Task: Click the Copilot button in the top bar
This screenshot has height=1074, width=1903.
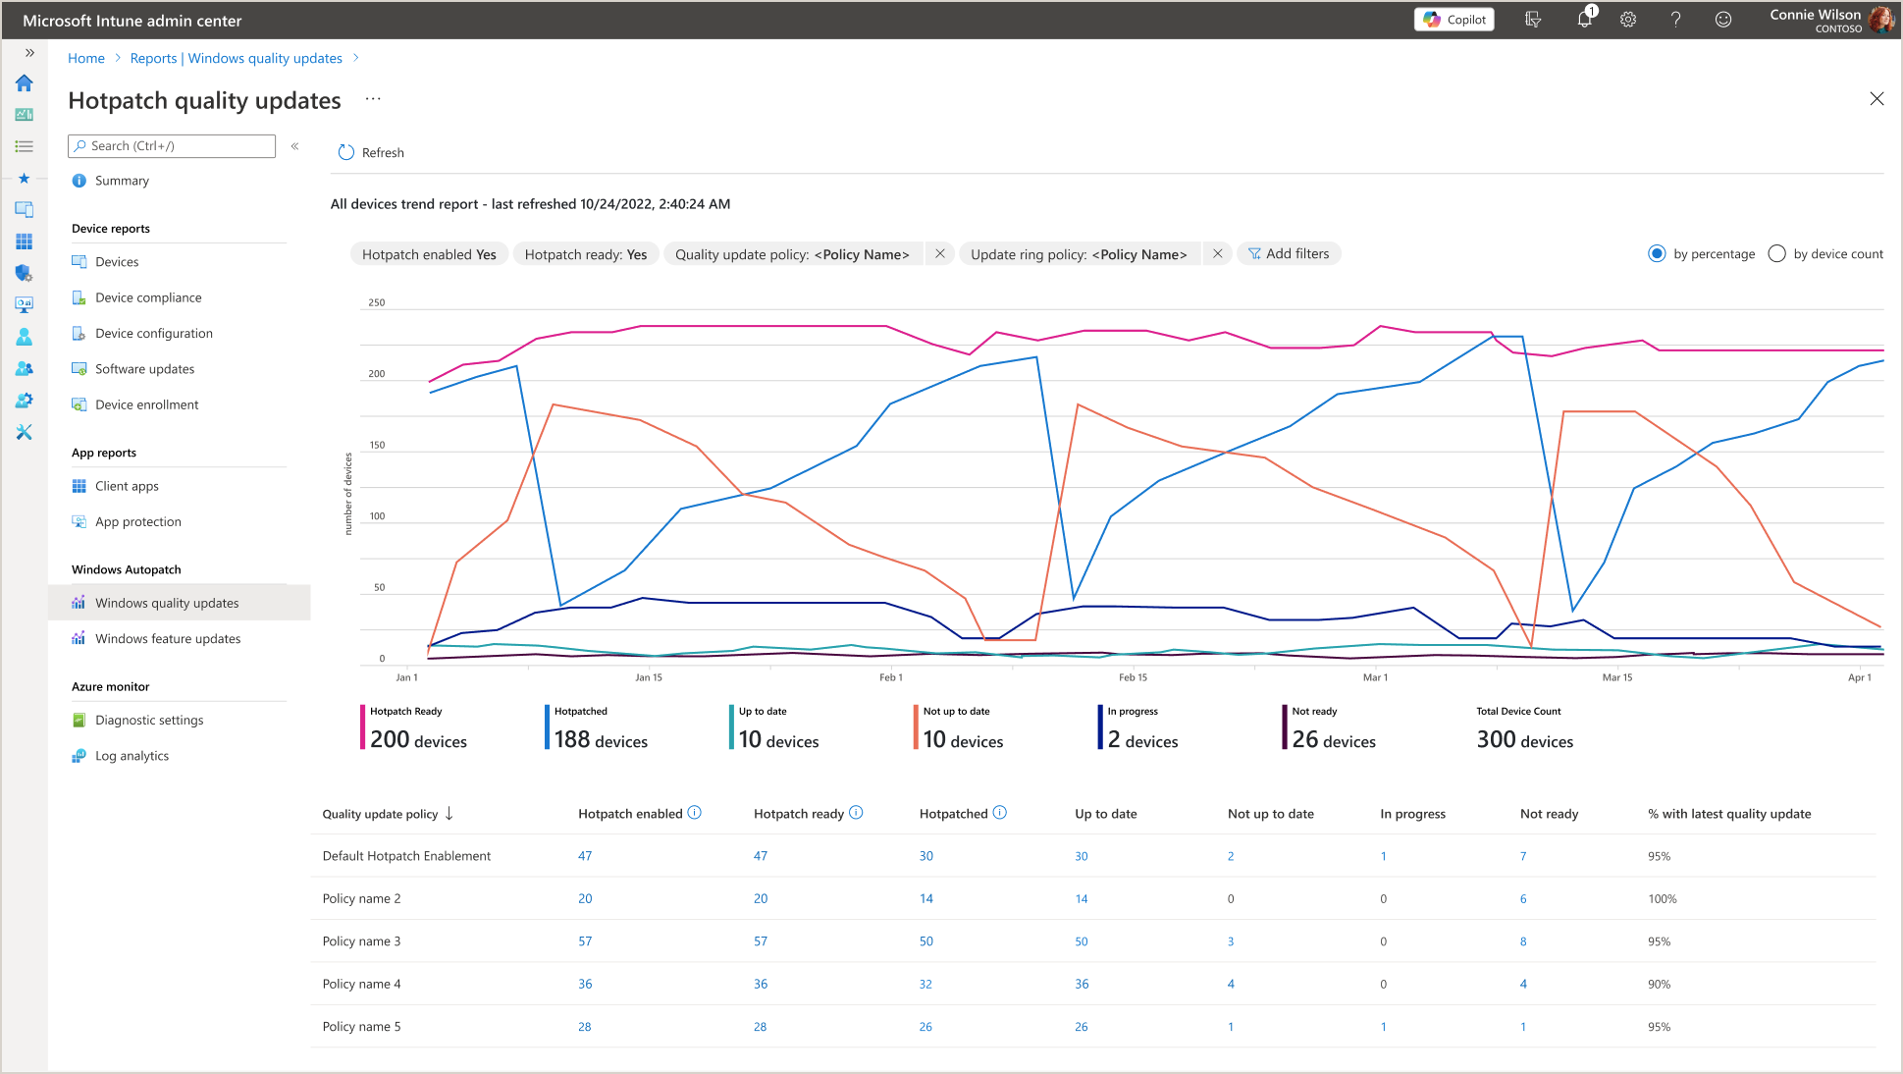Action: [1454, 20]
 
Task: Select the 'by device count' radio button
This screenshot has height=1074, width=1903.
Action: [1776, 254]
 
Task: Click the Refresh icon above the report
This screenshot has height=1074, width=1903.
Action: [345, 152]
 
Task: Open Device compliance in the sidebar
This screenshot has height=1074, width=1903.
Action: [148, 297]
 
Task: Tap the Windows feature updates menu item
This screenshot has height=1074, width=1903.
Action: [168, 639]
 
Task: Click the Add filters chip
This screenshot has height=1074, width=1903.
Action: [1289, 254]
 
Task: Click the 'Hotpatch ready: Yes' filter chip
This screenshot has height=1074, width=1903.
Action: [585, 254]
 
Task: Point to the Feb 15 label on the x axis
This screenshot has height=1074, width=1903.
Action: [1133, 677]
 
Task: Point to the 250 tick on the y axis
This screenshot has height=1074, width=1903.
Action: [377, 302]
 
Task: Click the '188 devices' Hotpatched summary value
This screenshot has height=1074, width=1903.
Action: [601, 740]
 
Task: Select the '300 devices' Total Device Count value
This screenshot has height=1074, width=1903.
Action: [1524, 740]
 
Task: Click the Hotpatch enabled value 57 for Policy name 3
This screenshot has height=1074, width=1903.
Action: [585, 941]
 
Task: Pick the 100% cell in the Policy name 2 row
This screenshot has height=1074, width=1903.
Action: [1663, 899]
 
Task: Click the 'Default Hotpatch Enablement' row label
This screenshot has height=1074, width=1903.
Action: [406, 856]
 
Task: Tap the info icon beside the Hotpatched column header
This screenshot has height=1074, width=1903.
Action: [1000, 813]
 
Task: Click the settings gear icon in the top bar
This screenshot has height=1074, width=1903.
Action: [1628, 20]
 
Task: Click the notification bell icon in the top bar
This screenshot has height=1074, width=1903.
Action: [1584, 20]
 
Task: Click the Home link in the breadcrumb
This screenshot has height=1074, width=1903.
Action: [86, 59]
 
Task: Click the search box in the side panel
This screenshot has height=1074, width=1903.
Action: [172, 146]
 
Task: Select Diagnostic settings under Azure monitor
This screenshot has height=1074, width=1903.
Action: [149, 721]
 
